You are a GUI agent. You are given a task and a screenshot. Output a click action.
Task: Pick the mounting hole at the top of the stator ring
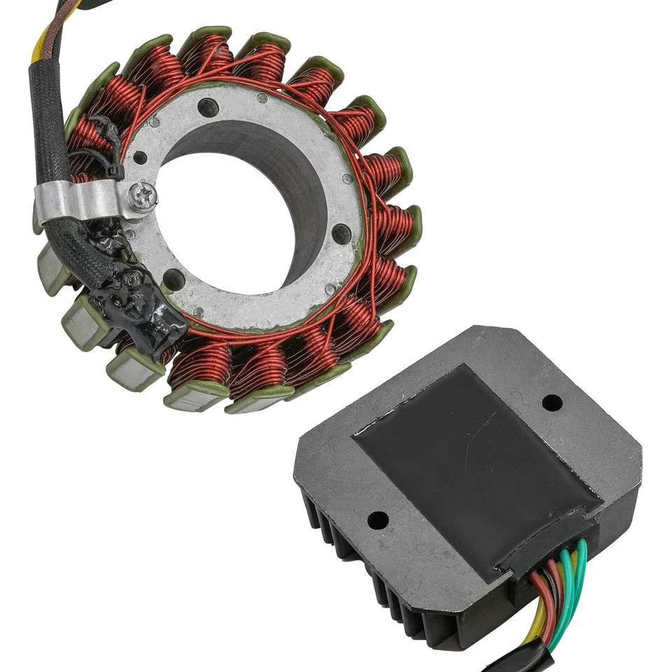pos(207,107)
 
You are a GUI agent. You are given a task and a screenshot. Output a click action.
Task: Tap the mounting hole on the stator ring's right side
pos(341,234)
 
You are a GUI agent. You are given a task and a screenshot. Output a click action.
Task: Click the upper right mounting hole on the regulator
pos(552,403)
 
